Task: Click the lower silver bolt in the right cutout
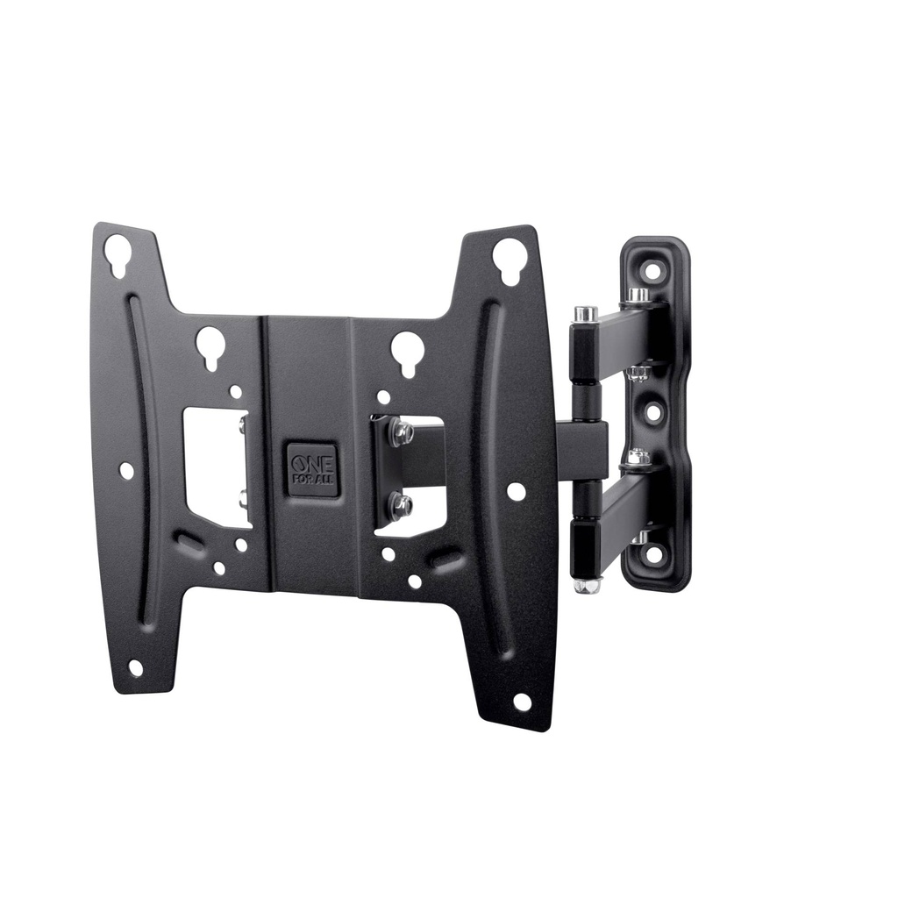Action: [403, 502]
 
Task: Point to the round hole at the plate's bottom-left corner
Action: [135, 668]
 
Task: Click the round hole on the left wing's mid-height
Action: [126, 471]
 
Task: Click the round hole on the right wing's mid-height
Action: [517, 491]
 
